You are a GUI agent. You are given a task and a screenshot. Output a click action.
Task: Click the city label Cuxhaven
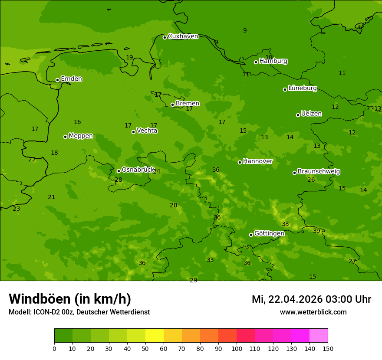[x=183, y=36]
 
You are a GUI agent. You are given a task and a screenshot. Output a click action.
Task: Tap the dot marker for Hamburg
[x=256, y=62]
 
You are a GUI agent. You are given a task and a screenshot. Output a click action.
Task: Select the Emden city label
[x=71, y=79]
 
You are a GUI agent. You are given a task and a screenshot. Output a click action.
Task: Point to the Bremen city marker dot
[x=172, y=105]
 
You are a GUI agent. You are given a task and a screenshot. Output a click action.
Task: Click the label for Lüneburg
[x=302, y=88]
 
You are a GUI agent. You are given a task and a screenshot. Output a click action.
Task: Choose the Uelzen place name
[x=311, y=114]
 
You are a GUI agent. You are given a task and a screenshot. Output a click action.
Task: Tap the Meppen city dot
[x=66, y=137]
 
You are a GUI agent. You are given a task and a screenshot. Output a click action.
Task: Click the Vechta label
[x=147, y=131]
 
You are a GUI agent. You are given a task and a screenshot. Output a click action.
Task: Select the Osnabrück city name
[x=138, y=170]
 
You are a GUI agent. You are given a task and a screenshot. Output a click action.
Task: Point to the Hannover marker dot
[x=240, y=162]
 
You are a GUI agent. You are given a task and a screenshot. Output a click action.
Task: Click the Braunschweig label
[x=319, y=172]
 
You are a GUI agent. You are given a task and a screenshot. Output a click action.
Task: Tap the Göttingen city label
[x=269, y=234]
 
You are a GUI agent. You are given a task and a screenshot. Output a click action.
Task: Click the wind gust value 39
[x=316, y=231]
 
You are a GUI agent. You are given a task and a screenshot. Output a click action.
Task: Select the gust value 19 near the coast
[x=129, y=58]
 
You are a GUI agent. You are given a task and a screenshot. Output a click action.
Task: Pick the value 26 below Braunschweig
[x=311, y=180]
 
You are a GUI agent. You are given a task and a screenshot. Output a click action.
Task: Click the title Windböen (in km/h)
[x=70, y=299]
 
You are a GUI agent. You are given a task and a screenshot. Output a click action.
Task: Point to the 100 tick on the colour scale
[x=237, y=348]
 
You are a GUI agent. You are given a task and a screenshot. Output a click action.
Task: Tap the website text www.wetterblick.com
[x=313, y=312]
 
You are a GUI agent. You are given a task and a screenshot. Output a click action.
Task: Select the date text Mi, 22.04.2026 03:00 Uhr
[x=311, y=300]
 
